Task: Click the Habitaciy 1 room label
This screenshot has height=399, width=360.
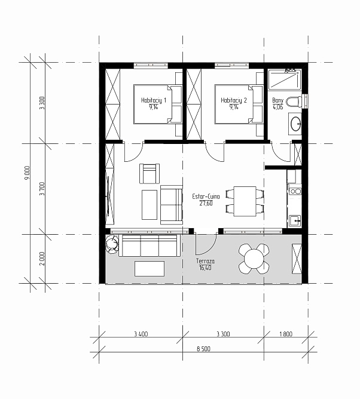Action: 153,100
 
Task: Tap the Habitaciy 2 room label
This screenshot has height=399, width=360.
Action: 234,100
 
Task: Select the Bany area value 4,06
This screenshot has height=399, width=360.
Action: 277,107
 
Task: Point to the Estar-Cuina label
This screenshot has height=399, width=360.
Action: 206,197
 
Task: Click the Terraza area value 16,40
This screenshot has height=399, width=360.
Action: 205,268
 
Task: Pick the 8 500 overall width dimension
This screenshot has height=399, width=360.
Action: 203,349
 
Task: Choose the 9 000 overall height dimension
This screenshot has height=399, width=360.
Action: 28,173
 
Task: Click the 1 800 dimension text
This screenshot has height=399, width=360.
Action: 286,334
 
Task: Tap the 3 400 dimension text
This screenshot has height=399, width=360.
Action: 141,334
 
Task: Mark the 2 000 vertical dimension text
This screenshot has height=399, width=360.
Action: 42,259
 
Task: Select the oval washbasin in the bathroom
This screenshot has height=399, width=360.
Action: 296,124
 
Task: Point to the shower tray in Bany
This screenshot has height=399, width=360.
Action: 285,79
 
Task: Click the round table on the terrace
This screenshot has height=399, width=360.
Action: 253,259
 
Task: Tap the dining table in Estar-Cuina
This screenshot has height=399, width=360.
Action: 245,201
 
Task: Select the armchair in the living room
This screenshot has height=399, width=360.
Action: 150,174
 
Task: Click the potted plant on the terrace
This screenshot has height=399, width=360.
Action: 112,244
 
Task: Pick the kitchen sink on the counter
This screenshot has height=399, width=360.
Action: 295,221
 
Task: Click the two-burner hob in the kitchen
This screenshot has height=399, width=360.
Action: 295,191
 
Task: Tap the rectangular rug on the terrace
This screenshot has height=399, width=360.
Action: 150,268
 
